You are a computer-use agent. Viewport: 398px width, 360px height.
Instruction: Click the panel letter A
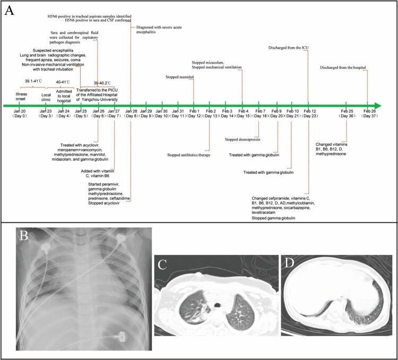pyautogui.click(x=10, y=11)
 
